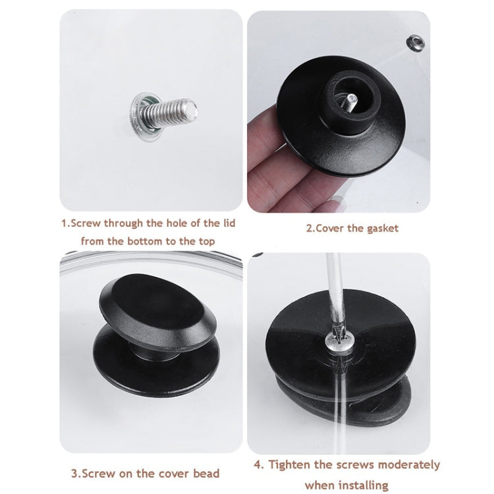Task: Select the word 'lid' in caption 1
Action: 225,223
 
